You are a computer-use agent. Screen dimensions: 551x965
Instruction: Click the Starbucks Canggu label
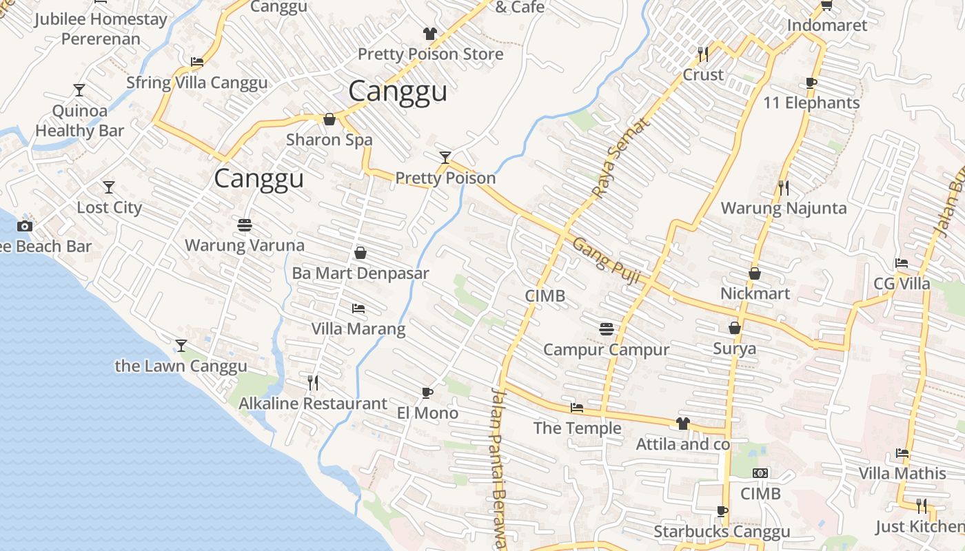point(722,532)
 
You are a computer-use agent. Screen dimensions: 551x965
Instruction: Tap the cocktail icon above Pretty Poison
point(445,158)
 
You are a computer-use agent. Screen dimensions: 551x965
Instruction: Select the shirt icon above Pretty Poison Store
point(430,33)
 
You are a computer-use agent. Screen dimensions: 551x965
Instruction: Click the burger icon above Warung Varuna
point(244,225)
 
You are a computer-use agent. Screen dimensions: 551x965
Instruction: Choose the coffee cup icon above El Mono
point(427,393)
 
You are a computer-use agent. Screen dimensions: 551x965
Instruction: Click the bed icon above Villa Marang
point(358,308)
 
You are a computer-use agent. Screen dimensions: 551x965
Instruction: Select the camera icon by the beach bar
point(25,226)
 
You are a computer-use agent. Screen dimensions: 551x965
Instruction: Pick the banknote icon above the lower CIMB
point(760,473)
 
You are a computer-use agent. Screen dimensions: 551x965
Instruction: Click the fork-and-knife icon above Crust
point(703,54)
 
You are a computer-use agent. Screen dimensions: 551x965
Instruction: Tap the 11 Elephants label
point(811,103)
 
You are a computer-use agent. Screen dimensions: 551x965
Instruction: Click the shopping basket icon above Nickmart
point(755,273)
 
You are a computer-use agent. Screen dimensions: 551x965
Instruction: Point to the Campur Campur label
point(606,350)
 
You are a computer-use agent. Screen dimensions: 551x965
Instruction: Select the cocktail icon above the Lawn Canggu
point(181,345)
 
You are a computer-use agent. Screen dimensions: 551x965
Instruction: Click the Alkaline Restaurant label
point(312,404)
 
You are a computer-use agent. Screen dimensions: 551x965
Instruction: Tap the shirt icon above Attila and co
point(682,424)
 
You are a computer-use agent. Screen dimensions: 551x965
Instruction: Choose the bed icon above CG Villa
point(902,263)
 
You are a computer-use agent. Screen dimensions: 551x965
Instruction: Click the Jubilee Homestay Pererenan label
point(101,28)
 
